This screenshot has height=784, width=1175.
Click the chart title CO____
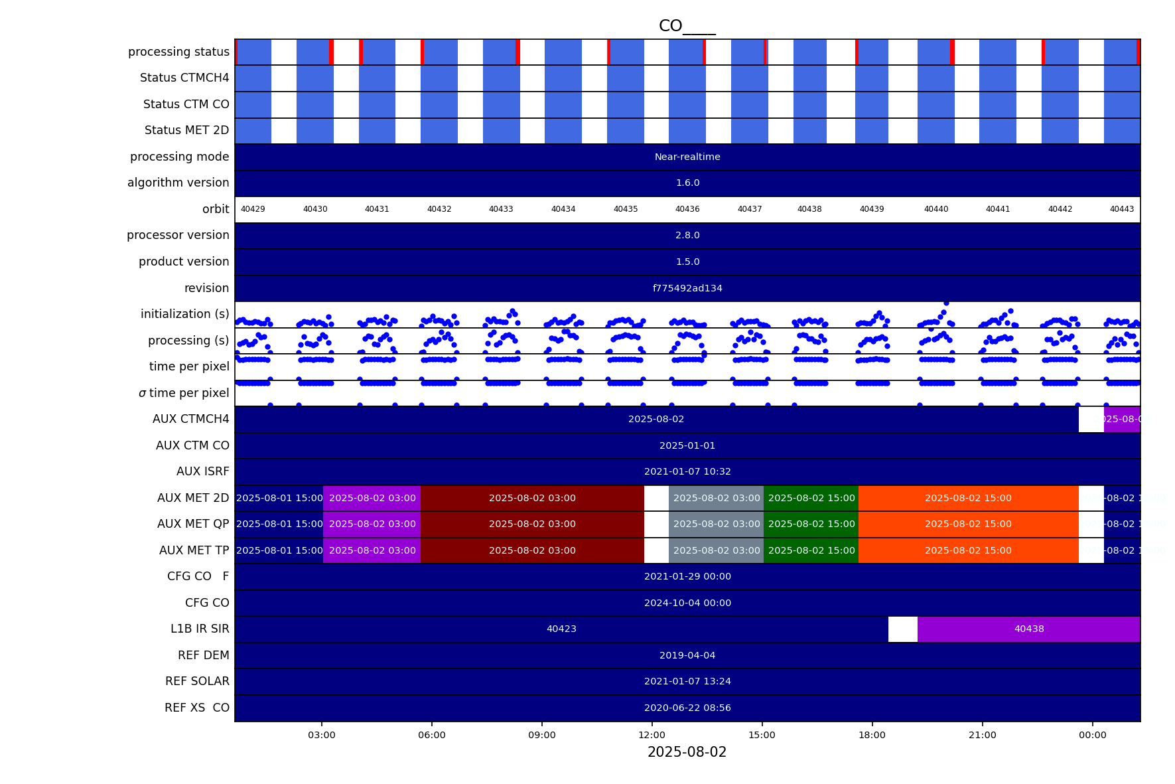(687, 26)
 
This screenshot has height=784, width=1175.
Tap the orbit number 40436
(687, 209)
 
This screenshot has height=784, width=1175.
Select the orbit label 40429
(253, 209)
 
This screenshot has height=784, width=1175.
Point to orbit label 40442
(1060, 209)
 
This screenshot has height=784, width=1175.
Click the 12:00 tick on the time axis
(652, 735)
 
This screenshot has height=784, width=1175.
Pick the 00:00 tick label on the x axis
(1092, 735)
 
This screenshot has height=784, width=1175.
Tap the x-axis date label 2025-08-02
(687, 752)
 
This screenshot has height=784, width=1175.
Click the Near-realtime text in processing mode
(687, 157)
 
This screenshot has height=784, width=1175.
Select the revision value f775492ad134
(687, 288)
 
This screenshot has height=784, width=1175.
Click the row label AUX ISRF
(202, 471)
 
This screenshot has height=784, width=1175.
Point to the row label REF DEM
(203, 655)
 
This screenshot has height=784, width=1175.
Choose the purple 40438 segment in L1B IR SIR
(1028, 629)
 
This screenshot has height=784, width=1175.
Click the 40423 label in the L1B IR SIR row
(561, 629)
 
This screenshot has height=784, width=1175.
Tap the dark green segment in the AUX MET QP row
(811, 524)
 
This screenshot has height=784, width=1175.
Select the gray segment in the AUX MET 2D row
(717, 498)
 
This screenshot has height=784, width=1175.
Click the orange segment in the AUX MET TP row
(968, 550)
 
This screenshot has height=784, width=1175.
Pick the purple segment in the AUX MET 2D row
(372, 498)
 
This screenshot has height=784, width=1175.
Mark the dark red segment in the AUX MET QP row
(532, 524)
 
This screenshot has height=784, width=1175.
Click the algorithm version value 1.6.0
(687, 183)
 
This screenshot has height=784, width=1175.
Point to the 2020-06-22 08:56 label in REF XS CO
(687, 708)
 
